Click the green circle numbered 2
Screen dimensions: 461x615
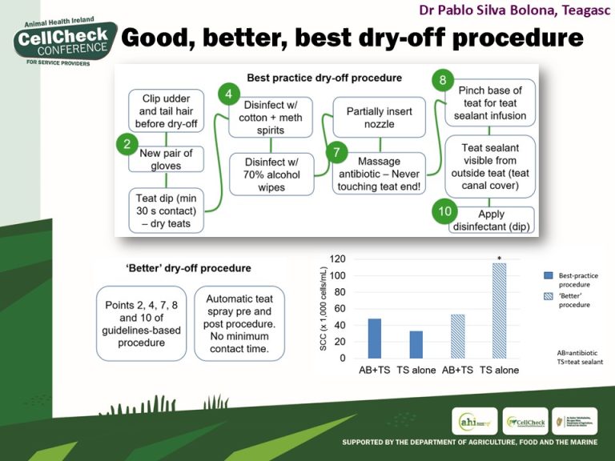tap(126, 145)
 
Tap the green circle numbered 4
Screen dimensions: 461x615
tap(228, 94)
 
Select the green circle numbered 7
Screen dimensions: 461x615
tap(337, 151)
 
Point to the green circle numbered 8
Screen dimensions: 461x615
tap(443, 80)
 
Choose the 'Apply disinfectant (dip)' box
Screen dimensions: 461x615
tap(491, 219)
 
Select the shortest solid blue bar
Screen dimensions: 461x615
tap(416, 344)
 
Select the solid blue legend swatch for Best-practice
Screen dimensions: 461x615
tap(549, 275)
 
